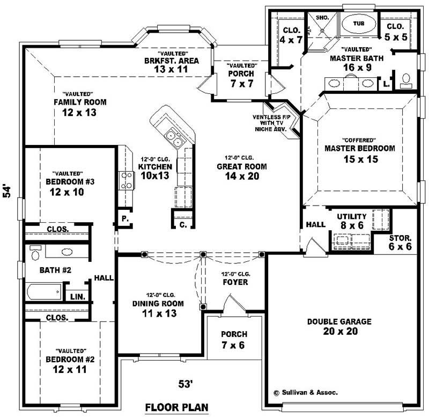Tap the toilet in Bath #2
tap(36, 252)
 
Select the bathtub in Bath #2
tap(43, 293)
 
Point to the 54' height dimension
tap(7, 192)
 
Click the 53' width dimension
tap(186, 383)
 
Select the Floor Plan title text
tap(176, 407)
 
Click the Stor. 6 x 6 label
tap(401, 242)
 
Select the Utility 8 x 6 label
tap(352, 221)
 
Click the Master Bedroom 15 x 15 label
tap(360, 153)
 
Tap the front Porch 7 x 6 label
tap(234, 339)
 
